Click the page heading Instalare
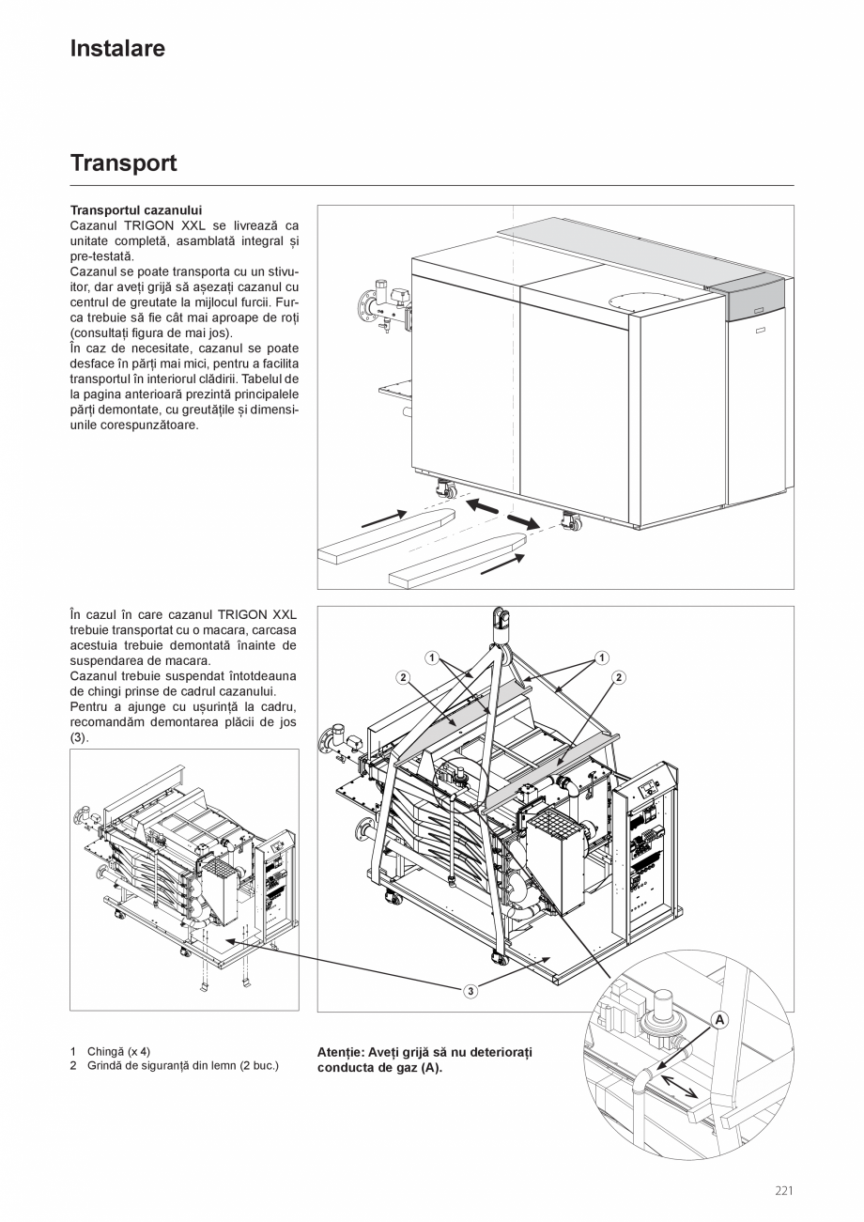pyautogui.click(x=117, y=49)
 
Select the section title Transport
pyautogui.click(x=123, y=163)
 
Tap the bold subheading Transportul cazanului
pyautogui.click(x=136, y=210)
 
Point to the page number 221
pyautogui.click(x=784, y=1191)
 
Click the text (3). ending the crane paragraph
pyautogui.click(x=80, y=738)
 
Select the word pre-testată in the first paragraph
pyautogui.click(x=101, y=255)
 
